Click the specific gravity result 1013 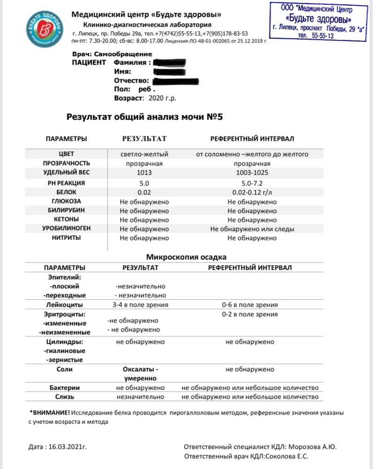click(x=144, y=173)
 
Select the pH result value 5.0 click(x=144, y=182)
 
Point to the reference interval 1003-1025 click(x=252, y=173)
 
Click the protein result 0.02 click(x=144, y=192)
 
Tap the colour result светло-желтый click(x=144, y=154)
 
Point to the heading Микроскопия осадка click(x=186, y=257)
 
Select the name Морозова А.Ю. click(x=316, y=446)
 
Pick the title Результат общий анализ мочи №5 click(x=144, y=117)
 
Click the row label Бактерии click(x=65, y=388)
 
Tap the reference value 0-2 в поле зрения click(x=250, y=314)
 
